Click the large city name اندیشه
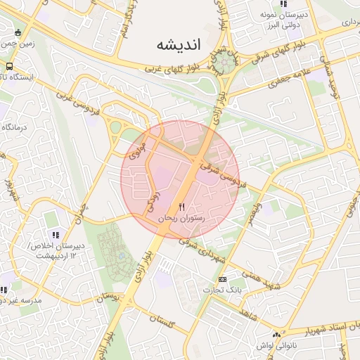(x=179, y=44)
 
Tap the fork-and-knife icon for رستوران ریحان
(x=182, y=207)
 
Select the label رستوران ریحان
(x=182, y=219)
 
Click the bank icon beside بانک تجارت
(x=222, y=278)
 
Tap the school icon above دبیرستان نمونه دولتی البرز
(x=283, y=4)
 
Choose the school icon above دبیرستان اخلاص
(x=54, y=235)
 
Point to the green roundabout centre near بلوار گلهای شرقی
(x=226, y=63)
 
